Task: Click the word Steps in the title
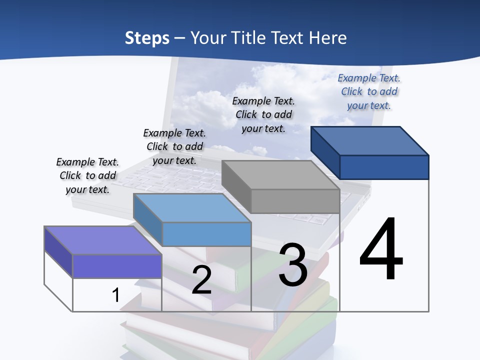147,38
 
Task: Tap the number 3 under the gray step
293,265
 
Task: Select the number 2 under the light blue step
201,280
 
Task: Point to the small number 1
115,295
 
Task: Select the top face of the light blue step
192,208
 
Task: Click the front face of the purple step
117,266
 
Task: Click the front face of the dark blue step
384,167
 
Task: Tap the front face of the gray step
295,201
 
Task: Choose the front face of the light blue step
206,234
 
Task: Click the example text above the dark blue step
369,91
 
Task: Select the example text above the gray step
263,114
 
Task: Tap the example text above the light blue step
174,146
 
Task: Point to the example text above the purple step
87,175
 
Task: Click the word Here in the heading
328,38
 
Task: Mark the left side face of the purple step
58,252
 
